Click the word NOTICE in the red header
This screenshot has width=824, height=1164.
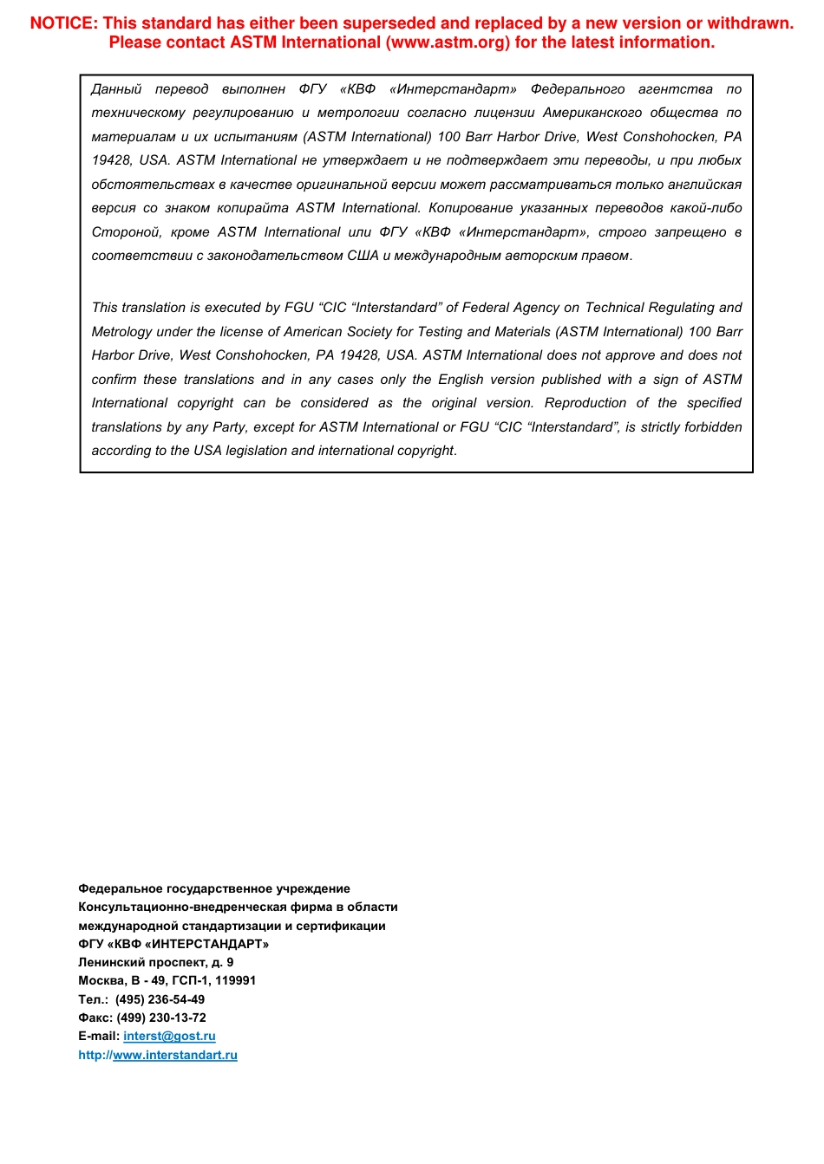pos(63,23)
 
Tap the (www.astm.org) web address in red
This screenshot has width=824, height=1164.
pos(448,42)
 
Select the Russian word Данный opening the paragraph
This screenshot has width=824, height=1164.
pos(116,89)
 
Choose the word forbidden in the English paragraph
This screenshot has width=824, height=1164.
pos(709,427)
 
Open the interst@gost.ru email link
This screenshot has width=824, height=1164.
pos(169,1037)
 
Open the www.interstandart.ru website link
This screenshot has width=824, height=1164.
pos(174,1056)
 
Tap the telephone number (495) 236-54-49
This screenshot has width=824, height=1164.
pos(160,999)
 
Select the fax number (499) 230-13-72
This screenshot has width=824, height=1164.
pos(161,1018)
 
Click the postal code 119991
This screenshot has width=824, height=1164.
pos(236,981)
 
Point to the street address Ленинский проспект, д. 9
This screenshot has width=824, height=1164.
pos(155,963)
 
